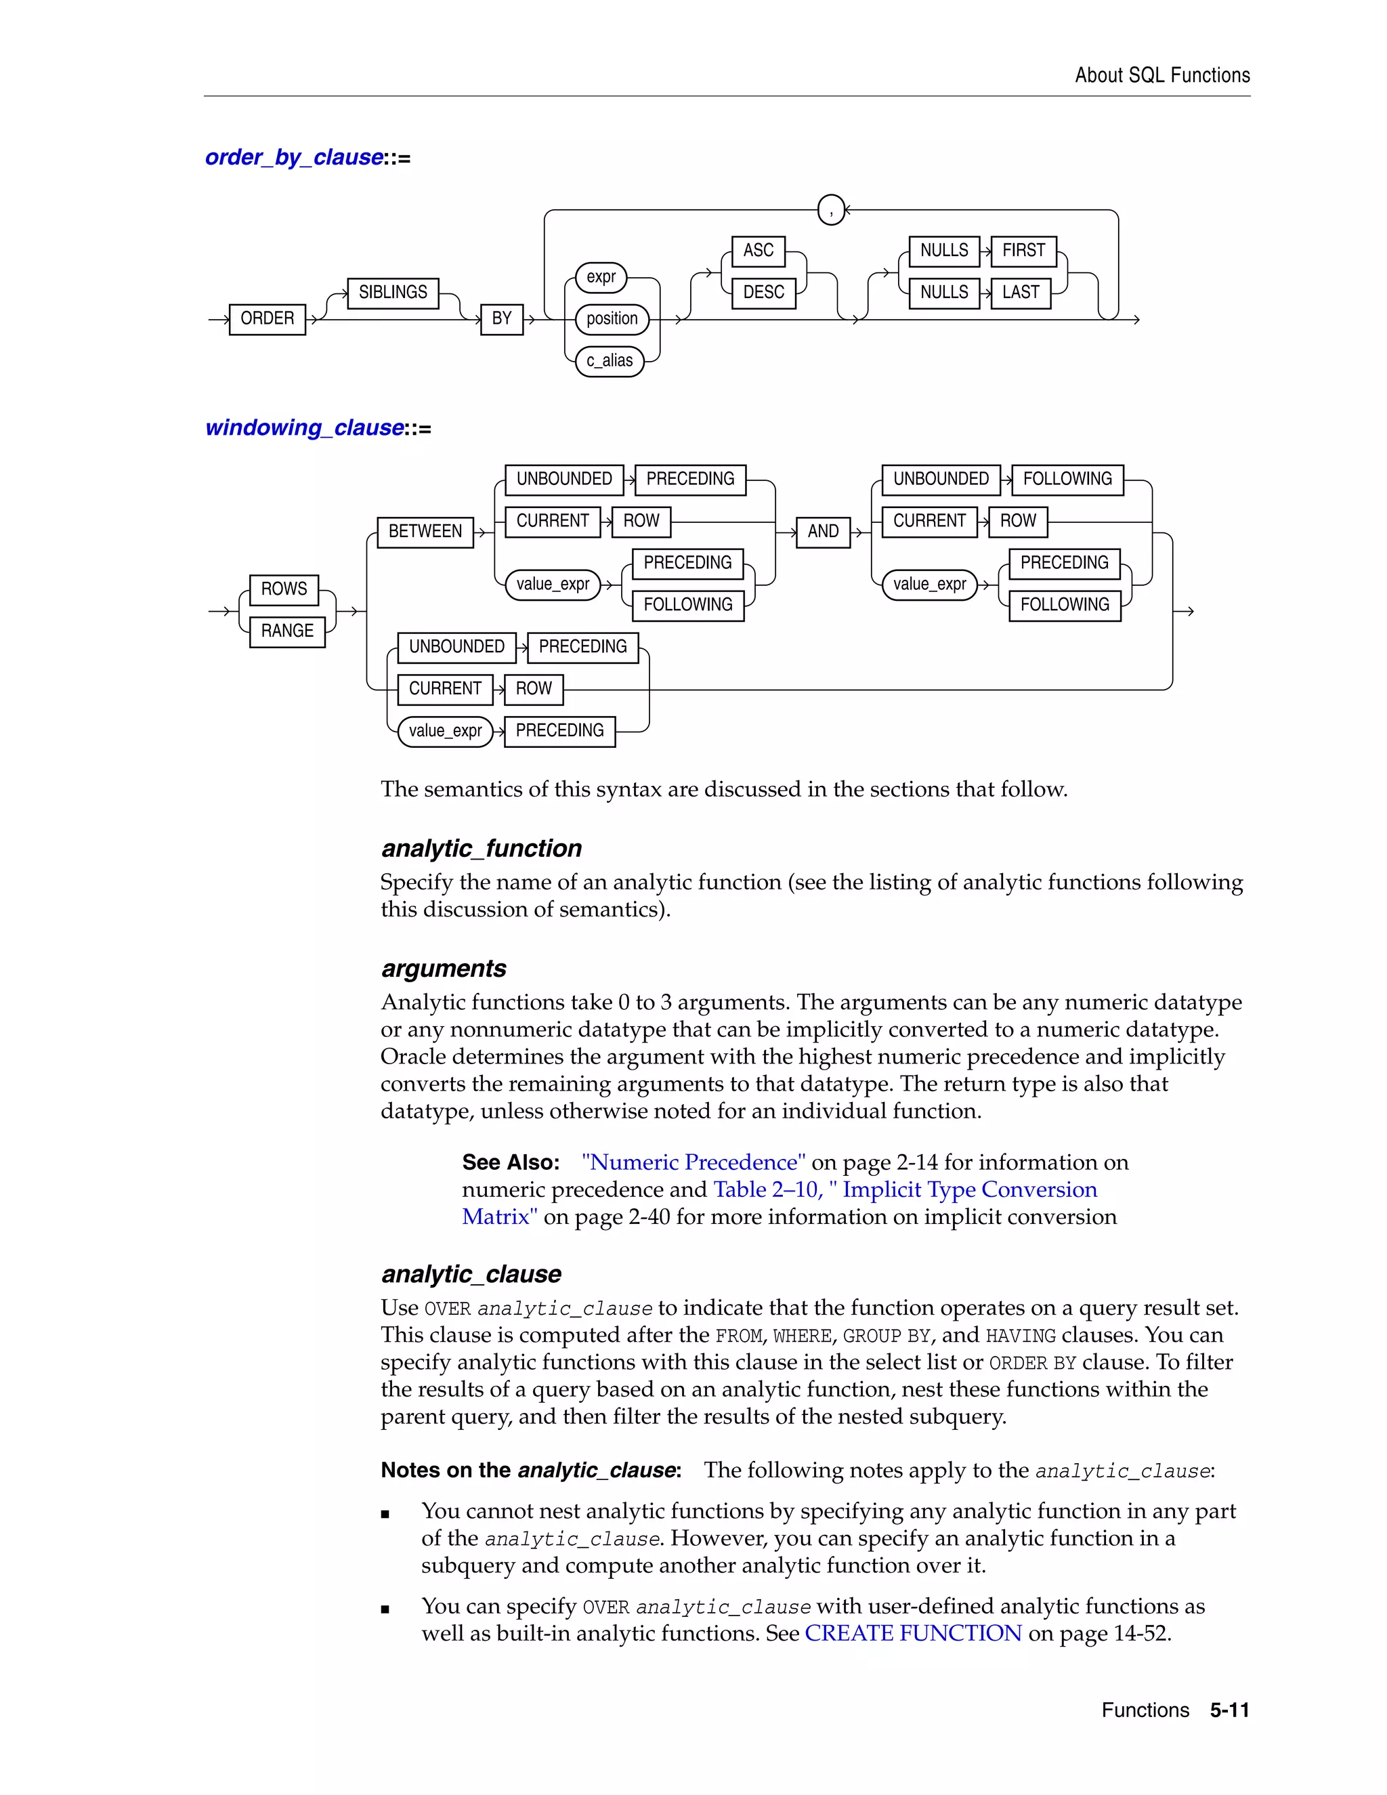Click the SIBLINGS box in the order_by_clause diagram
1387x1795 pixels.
[393, 293]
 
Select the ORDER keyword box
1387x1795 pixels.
[267, 318]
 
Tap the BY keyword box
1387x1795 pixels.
[501, 318]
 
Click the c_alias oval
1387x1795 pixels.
[610, 361]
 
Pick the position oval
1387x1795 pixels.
[612, 319]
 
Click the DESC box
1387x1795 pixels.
[763, 293]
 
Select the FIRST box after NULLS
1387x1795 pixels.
[1023, 251]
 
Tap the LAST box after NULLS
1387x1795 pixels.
[1021, 293]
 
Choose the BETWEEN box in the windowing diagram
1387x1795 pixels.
[425, 532]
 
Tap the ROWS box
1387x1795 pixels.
[284, 589]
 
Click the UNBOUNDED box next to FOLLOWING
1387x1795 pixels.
[941, 479]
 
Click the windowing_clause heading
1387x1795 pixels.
[305, 428]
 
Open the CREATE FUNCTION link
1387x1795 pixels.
[913, 1633]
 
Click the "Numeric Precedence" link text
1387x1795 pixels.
[693, 1162]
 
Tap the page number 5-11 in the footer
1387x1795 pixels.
[1229, 1710]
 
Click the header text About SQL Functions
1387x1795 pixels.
[1162, 76]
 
